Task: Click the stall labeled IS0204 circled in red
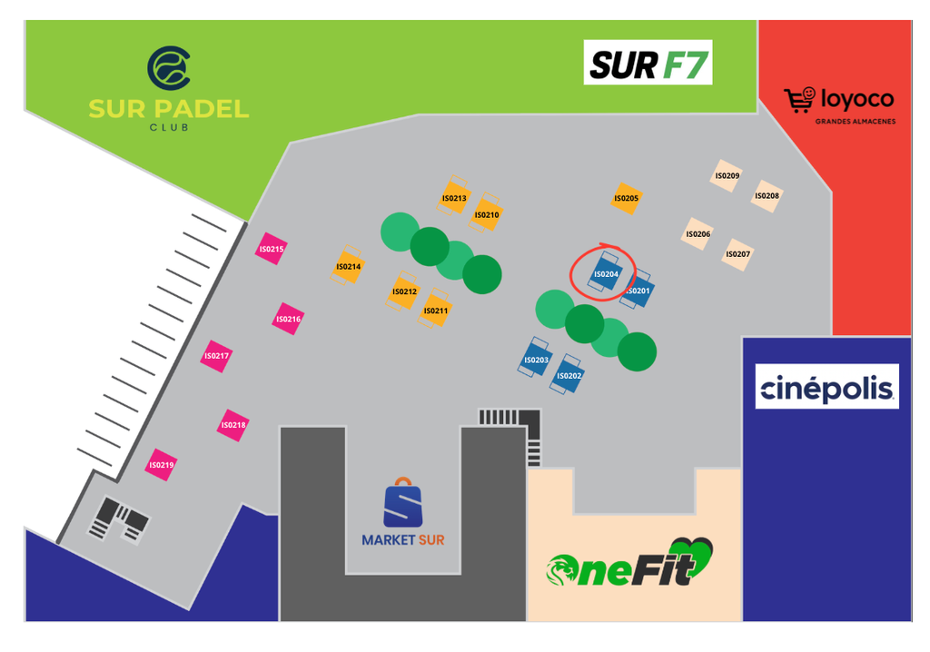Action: [x=606, y=273]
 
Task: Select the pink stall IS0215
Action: [x=272, y=249]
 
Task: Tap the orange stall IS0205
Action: [x=627, y=198]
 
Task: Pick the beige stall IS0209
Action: [x=727, y=175]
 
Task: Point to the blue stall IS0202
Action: [x=569, y=375]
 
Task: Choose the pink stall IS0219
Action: [x=162, y=465]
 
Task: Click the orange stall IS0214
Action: [x=348, y=266]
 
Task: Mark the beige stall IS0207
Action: [x=737, y=254]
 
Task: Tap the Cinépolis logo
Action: [x=826, y=386]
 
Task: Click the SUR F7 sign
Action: [x=648, y=63]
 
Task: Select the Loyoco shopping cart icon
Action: [x=799, y=100]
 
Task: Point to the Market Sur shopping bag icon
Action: [x=402, y=502]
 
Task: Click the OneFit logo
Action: [x=629, y=562]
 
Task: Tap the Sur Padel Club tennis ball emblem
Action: [x=168, y=68]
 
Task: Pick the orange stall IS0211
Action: [x=435, y=309]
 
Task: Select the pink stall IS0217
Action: [x=216, y=356]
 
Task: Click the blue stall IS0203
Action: [x=536, y=359]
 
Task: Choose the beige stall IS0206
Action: [x=698, y=233]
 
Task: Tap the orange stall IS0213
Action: [x=454, y=196]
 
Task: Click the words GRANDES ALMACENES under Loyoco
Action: [x=856, y=122]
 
